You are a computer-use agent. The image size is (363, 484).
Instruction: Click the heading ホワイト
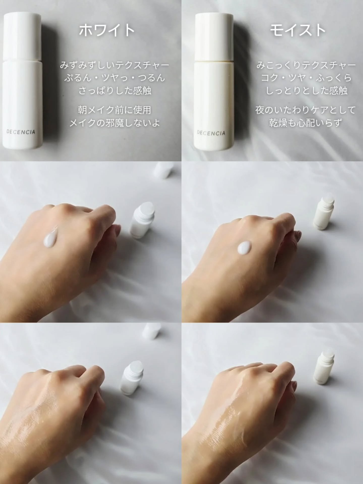[x=107, y=30]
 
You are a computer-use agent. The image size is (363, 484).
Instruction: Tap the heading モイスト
[x=298, y=30]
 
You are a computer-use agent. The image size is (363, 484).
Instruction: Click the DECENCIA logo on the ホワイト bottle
[x=21, y=132]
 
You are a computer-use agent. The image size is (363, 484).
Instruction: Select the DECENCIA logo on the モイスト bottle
[x=211, y=133]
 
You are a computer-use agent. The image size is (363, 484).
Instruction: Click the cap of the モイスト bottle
[x=214, y=37]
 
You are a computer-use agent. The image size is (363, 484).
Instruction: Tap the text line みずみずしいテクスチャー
[x=115, y=65]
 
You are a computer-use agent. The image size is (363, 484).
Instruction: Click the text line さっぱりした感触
[x=115, y=90]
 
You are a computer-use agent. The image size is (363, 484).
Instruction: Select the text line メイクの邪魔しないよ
[x=115, y=123]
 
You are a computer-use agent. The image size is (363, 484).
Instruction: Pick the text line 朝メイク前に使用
[x=115, y=110]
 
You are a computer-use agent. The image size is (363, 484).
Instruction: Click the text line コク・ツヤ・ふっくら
[x=306, y=78]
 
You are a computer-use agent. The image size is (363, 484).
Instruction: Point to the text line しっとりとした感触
[x=306, y=90]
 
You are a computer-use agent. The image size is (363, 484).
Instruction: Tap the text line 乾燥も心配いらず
[x=305, y=123]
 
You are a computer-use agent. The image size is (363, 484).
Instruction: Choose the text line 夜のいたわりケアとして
[x=305, y=110]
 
